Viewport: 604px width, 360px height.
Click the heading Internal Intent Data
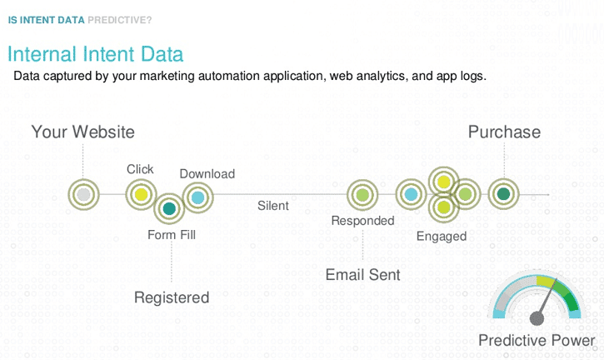tap(95, 54)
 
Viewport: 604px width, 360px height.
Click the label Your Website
tap(82, 132)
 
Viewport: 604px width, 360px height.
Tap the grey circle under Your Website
tap(83, 195)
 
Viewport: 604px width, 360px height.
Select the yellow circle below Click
tap(142, 195)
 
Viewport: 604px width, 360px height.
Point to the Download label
tap(207, 174)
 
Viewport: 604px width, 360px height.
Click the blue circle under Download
tap(197, 197)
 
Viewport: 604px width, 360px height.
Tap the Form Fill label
tap(172, 235)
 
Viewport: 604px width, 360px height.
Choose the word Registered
tap(172, 297)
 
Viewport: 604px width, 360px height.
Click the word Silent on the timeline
tap(273, 205)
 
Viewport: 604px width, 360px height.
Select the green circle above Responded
tap(362, 195)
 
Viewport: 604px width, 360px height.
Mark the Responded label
tap(362, 221)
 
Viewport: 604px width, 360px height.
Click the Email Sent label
tap(362, 274)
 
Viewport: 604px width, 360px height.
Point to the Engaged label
tap(442, 236)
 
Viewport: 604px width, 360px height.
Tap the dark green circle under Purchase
tap(503, 194)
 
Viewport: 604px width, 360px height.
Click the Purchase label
tap(504, 132)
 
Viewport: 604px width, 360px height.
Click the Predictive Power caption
tap(537, 340)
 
